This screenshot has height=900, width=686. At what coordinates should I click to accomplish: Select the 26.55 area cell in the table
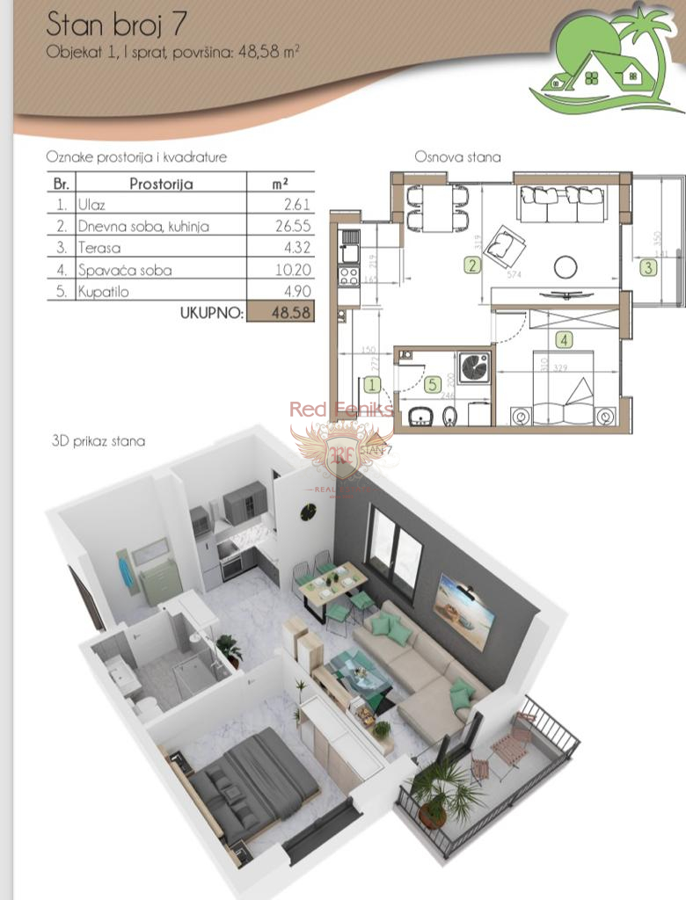pyautogui.click(x=281, y=227)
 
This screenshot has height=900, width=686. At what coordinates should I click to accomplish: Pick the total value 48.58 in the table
pyautogui.click(x=281, y=312)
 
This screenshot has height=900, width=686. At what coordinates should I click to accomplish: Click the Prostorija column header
pyautogui.click(x=161, y=184)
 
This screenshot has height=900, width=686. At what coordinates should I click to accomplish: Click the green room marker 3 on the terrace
pyautogui.click(x=648, y=267)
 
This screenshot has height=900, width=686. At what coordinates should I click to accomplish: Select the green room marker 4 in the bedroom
pyautogui.click(x=563, y=337)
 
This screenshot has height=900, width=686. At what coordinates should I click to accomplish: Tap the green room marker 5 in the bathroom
pyautogui.click(x=431, y=383)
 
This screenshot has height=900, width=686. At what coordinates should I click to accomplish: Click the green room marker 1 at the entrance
pyautogui.click(x=373, y=384)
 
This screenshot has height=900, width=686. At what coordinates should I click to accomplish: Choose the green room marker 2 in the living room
pyautogui.click(x=472, y=265)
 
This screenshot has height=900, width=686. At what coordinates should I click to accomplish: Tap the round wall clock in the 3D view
pyautogui.click(x=308, y=511)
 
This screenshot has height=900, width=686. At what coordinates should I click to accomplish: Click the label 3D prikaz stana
pyautogui.click(x=99, y=441)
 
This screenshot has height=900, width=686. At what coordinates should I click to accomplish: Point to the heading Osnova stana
pyautogui.click(x=457, y=158)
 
